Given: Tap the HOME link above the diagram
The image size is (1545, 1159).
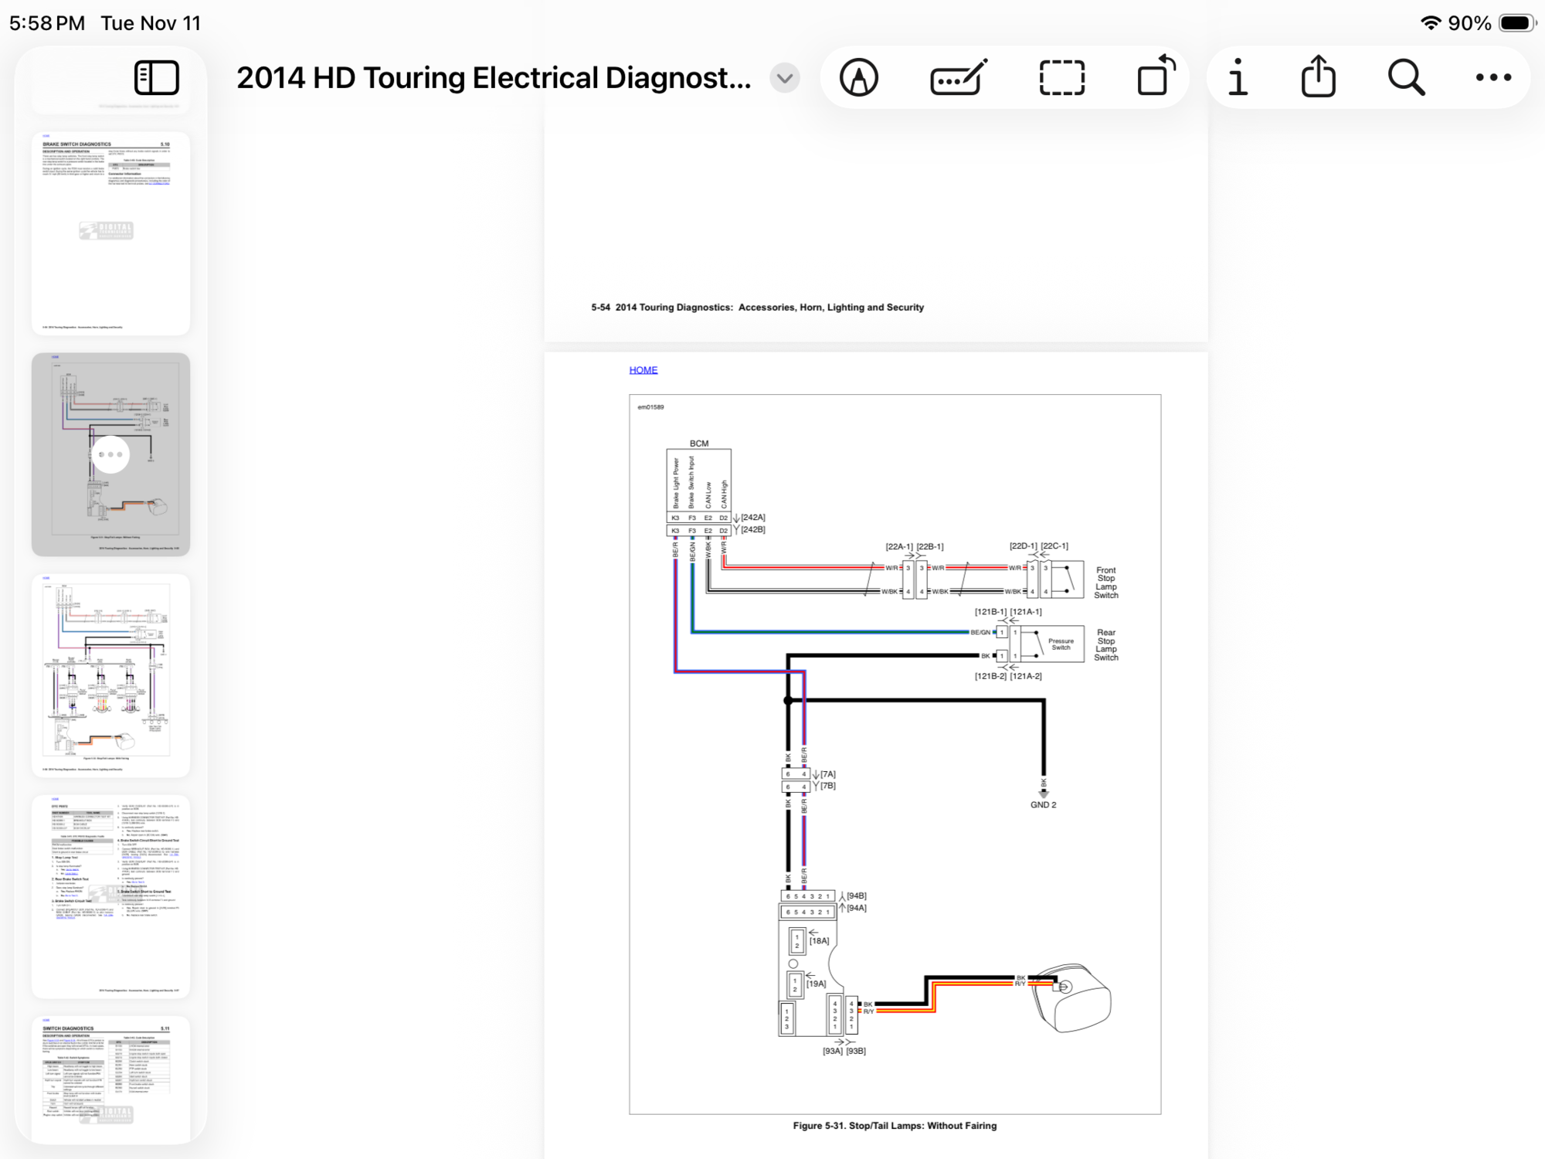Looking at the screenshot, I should point(643,370).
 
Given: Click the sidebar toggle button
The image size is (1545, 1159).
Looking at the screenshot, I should point(157,78).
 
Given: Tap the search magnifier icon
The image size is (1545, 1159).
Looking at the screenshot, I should point(1406,78).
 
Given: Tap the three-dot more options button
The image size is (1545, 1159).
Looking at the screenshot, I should point(1492,78).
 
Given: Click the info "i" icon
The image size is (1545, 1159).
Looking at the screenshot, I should point(1238,77).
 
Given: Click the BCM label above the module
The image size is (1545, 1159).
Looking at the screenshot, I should point(698,444).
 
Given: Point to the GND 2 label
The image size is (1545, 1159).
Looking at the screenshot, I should point(1043,805).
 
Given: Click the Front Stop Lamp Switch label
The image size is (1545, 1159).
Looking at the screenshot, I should point(1105,583).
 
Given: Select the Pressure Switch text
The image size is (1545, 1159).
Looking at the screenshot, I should point(1061,644).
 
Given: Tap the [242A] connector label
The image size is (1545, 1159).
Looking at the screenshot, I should point(752,518).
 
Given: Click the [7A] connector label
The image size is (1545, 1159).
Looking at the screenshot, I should point(827,774).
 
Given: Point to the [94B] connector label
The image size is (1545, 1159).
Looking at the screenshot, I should point(856,896).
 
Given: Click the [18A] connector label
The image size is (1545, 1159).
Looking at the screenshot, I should point(819,941).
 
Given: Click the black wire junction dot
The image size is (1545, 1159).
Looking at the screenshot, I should point(788,701).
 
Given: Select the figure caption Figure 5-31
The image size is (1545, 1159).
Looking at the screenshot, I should point(895,1126).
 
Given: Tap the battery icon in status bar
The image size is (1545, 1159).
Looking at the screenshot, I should point(1516,23).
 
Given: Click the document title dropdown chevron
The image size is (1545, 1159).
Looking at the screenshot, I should point(785,78).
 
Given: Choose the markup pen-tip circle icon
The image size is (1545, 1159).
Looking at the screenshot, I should point(859,78).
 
